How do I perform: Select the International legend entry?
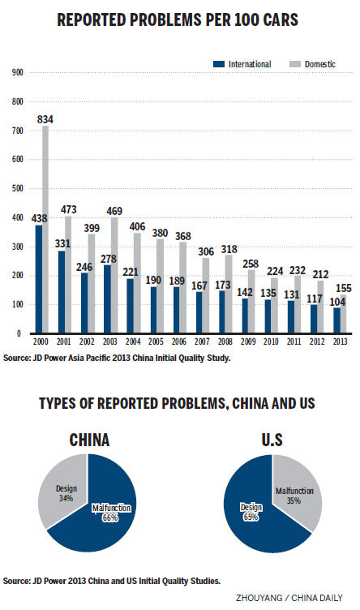pos(244,63)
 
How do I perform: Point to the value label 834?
pos(46,120)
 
